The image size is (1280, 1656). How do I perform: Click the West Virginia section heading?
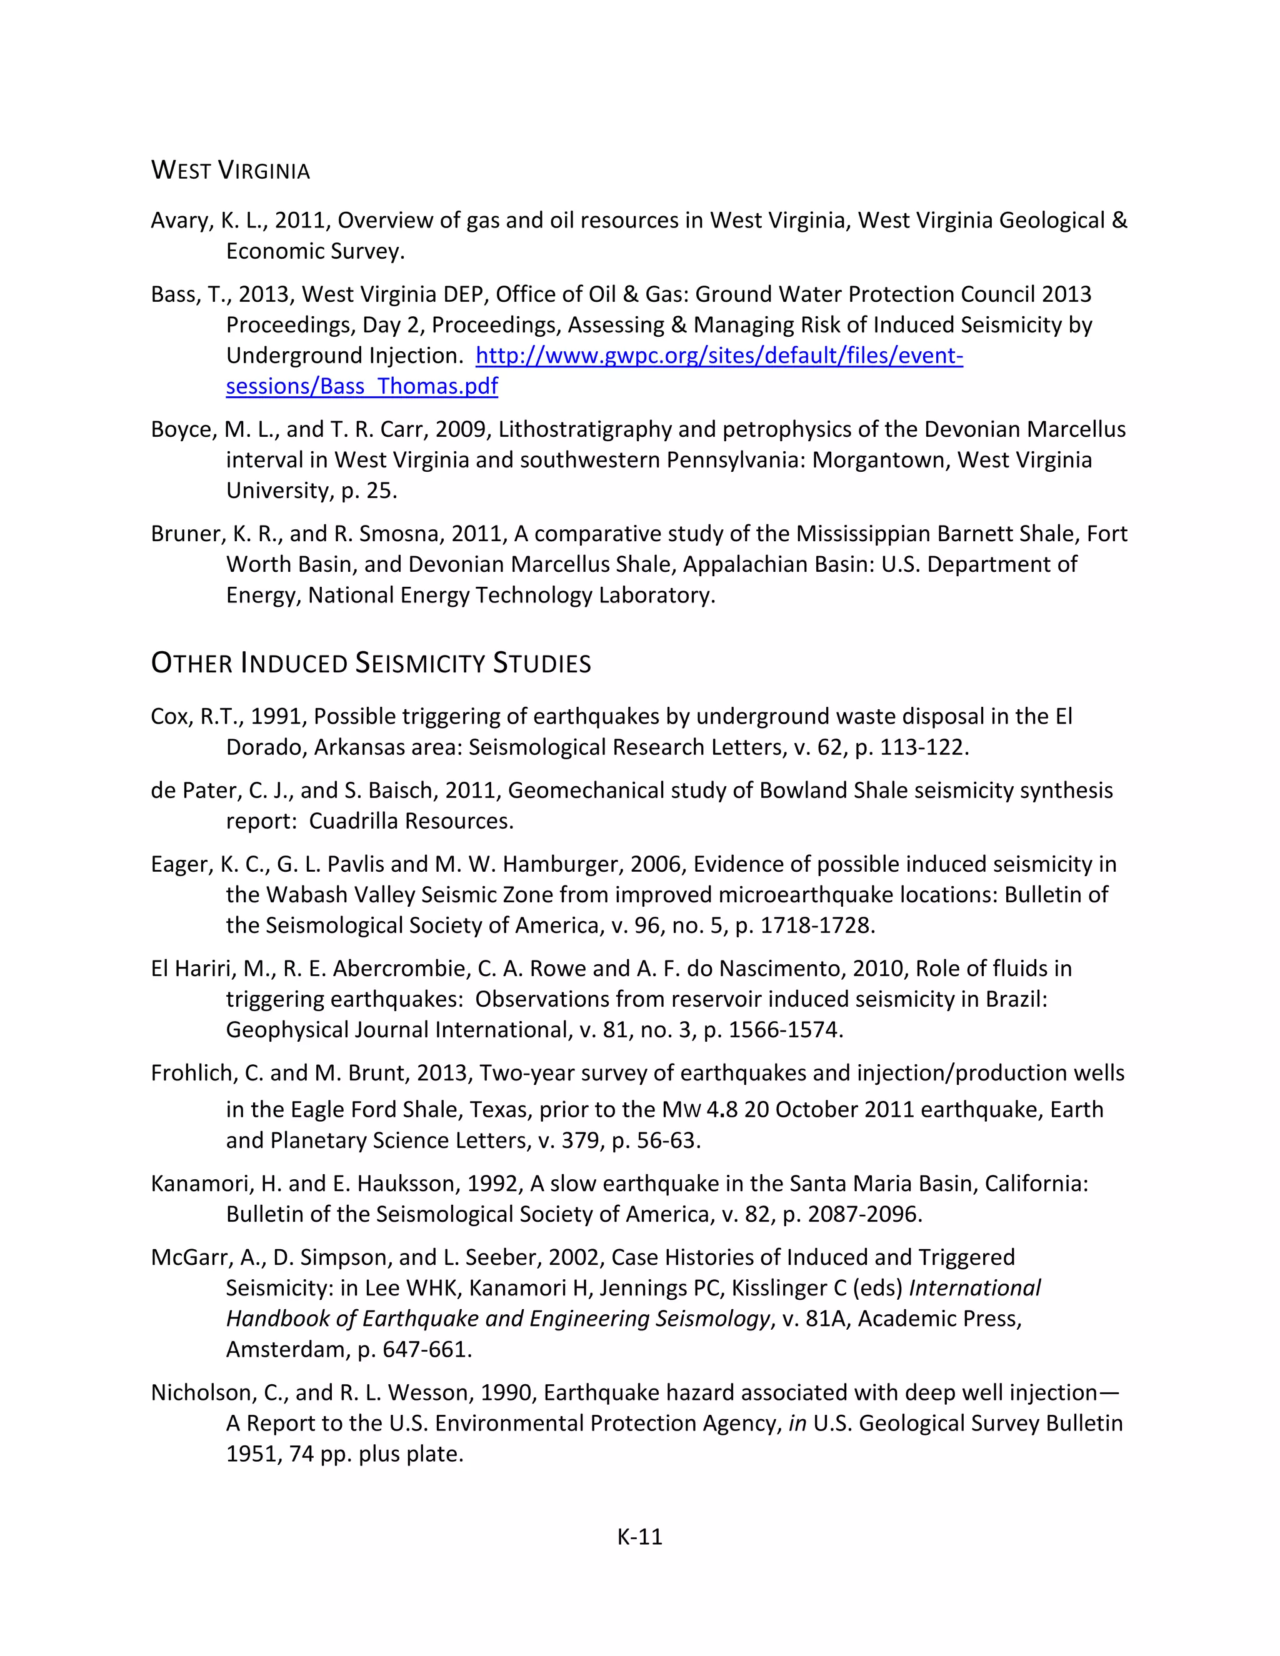tap(231, 171)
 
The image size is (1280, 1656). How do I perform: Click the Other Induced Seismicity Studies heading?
tap(371, 664)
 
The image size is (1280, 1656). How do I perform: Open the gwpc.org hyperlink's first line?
tap(719, 356)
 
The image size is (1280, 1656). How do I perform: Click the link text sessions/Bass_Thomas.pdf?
tap(362, 387)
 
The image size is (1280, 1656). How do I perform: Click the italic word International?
tap(974, 1289)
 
